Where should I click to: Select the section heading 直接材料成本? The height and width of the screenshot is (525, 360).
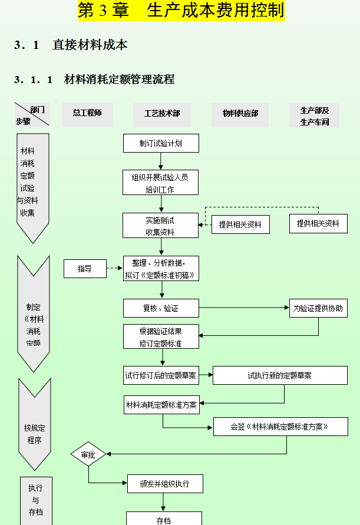tap(90, 45)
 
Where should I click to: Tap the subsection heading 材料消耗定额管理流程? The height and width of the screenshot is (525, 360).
tap(119, 80)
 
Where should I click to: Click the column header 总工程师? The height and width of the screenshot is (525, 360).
tap(87, 113)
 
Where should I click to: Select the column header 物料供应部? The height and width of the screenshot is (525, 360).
tap(240, 114)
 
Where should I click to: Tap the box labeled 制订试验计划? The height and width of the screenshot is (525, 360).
tap(161, 143)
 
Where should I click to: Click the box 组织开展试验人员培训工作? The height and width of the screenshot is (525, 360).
tap(160, 183)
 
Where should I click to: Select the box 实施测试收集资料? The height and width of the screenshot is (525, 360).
tap(160, 226)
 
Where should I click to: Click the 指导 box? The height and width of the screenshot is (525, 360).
tap(85, 269)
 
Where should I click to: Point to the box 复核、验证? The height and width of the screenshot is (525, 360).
tap(161, 308)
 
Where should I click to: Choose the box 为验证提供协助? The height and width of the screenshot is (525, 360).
tap(318, 308)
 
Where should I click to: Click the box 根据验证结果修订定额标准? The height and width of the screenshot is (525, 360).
tap(161, 337)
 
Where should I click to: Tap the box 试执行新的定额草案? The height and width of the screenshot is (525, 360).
tap(280, 375)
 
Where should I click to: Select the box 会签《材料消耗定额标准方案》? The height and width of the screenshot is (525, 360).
tap(280, 427)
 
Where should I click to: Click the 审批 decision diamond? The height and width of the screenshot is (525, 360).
tap(88, 455)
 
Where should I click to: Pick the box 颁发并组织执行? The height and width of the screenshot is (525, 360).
tap(165, 484)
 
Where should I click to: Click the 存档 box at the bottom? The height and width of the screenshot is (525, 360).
tap(164, 519)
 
